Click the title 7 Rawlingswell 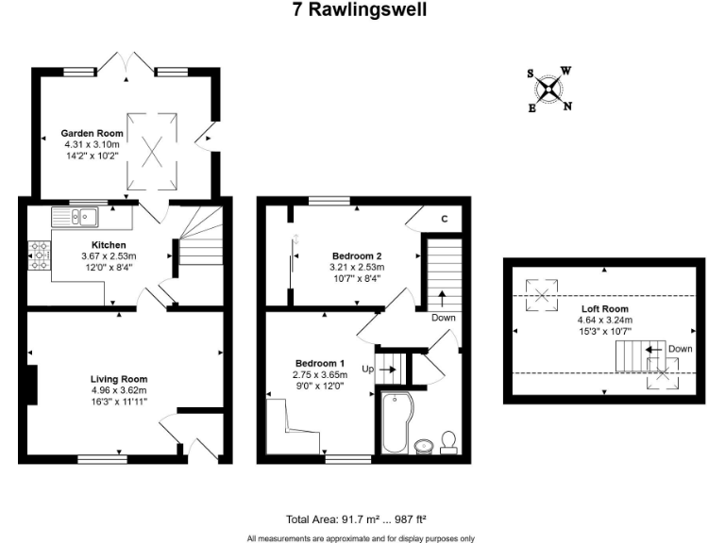coord(362,9)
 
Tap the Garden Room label coord(93,134)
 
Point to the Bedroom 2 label coord(357,255)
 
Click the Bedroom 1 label coord(320,364)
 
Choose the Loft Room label coord(605,308)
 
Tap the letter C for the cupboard coord(444,221)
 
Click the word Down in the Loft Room coord(679,348)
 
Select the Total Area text coord(362,519)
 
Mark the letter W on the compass coord(565,70)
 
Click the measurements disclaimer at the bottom coord(362,537)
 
